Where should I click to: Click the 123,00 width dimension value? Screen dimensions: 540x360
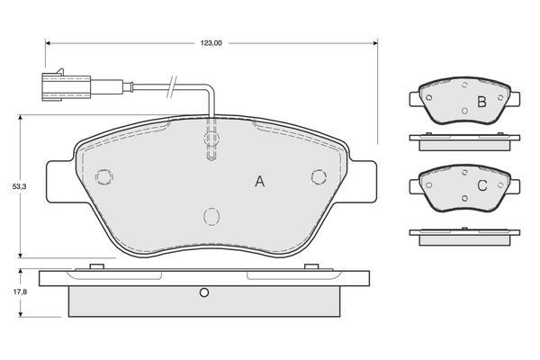(211, 43)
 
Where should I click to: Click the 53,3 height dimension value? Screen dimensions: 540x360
(20, 186)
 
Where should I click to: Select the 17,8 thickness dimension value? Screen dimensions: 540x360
(20, 292)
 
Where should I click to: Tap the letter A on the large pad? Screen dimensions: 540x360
(260, 181)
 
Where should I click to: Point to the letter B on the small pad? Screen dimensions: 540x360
(481, 102)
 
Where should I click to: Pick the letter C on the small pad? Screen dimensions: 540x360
(482, 185)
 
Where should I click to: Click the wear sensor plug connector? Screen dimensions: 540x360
(66, 86)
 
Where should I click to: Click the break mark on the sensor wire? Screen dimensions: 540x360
(172, 86)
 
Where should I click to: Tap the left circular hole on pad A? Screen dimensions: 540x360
(104, 177)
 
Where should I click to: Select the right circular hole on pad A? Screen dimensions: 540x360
(319, 176)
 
